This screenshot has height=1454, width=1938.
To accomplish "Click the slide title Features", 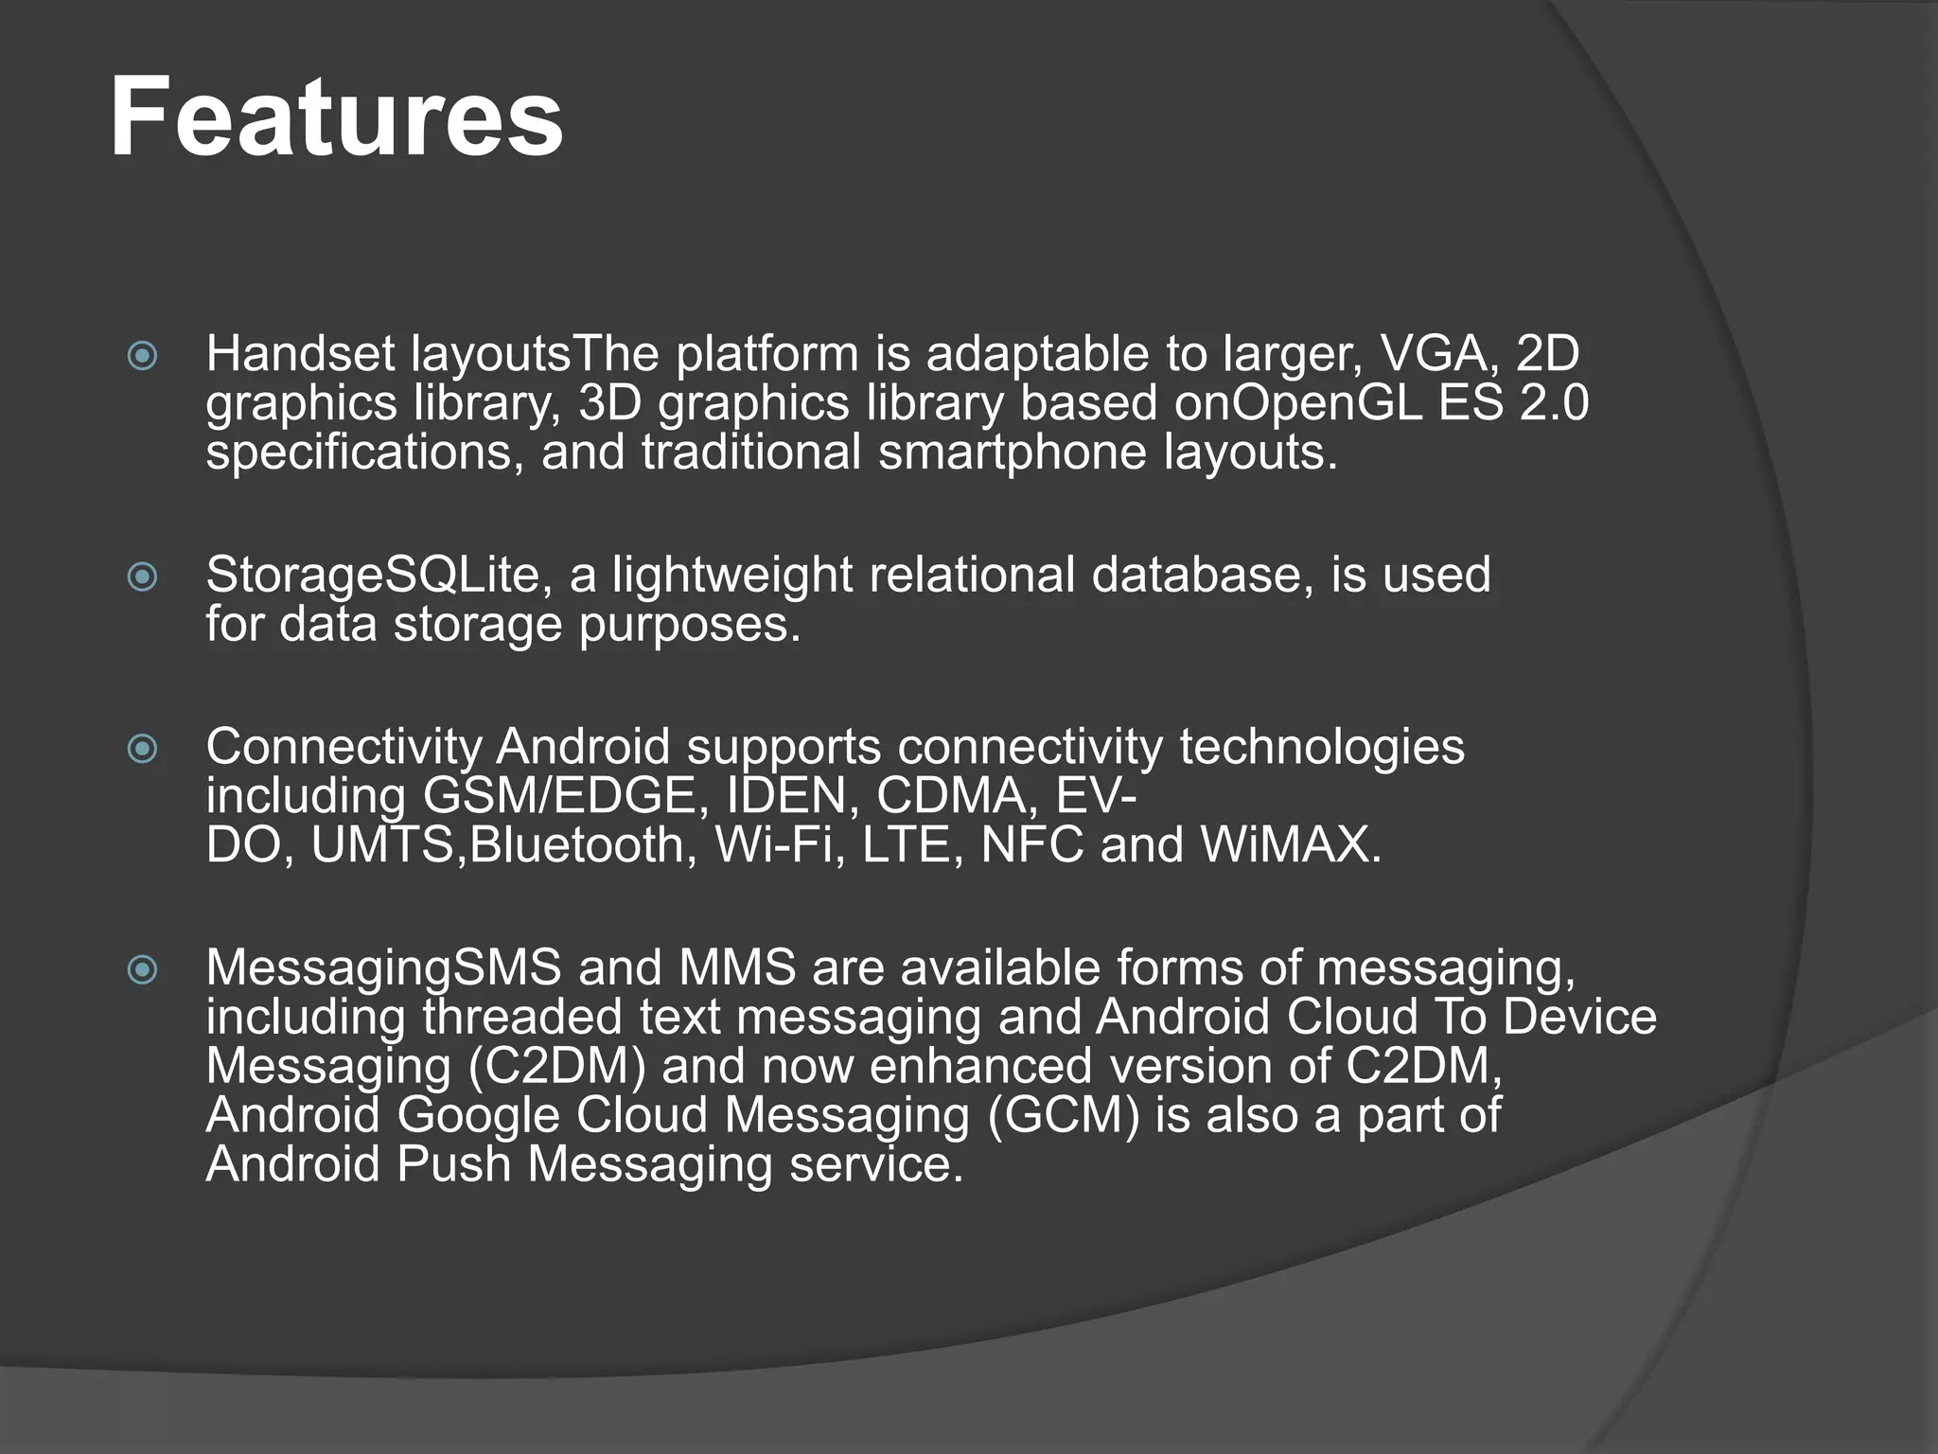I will [336, 117].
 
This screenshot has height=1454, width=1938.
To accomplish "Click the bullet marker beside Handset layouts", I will [143, 357].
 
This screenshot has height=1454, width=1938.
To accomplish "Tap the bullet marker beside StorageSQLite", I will [143, 576].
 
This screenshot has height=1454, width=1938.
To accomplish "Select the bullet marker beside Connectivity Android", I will [143, 749].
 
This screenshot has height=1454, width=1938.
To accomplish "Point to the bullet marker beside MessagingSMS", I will [143, 969].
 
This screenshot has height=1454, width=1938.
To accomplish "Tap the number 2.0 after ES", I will [1554, 403].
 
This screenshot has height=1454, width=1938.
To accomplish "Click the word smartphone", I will [1013, 452].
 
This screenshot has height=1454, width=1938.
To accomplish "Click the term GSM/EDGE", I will [559, 796].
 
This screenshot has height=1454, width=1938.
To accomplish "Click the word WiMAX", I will [1291, 845].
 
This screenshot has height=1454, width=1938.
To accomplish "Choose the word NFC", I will [1031, 845].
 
